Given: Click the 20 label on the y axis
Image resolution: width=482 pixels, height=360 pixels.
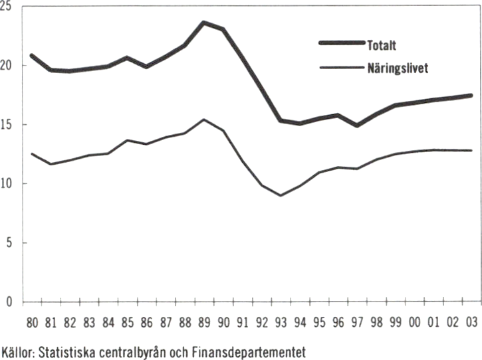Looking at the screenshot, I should pos(7,66).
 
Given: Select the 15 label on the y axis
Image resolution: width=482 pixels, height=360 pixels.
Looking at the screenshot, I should pos(7,125).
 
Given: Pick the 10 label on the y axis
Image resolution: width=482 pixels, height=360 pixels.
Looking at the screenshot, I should pos(7,184).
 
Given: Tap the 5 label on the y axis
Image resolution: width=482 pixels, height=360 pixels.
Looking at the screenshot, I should pos(9,243).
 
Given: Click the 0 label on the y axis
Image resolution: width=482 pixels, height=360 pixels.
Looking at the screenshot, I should pos(9,302).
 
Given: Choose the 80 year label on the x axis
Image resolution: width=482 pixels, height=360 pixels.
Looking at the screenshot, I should pos(32,323).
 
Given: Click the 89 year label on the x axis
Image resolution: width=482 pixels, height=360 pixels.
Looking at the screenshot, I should pos(204,323).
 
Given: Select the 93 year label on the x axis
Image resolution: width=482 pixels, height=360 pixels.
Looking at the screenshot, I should pos(281,323).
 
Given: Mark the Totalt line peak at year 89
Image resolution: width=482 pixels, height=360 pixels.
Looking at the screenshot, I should pos(204,23).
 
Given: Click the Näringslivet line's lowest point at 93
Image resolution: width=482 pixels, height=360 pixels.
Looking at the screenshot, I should pos(281,196).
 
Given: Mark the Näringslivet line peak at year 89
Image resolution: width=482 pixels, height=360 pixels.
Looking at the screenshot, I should pos(204,120).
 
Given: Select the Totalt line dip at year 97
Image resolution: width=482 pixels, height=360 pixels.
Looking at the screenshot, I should pos(358,125).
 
